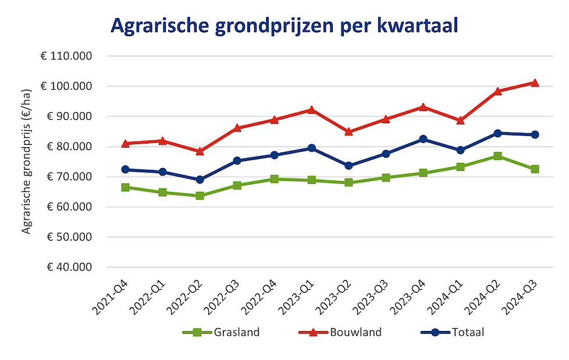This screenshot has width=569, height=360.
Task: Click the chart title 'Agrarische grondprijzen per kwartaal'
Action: click(284, 26)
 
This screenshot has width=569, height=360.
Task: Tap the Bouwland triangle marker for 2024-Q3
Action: click(535, 83)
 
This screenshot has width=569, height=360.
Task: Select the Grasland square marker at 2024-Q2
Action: click(497, 156)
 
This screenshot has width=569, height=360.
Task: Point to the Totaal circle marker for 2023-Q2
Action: click(348, 166)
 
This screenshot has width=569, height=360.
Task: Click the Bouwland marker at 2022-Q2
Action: click(200, 151)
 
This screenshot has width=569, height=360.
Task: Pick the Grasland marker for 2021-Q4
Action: click(125, 187)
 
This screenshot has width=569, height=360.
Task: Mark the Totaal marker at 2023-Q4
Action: click(423, 139)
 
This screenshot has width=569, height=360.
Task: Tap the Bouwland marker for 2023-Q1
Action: click(311, 110)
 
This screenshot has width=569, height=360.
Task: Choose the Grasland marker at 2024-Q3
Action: click(535, 169)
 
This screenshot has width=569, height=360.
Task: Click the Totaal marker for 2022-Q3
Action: click(237, 161)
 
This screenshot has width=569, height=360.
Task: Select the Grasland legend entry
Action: click(221, 333)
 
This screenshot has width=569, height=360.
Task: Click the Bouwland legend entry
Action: click(340, 333)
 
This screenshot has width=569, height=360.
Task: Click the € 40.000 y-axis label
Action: click(69, 267)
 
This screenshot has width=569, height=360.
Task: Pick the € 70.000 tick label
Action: click(69, 177)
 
